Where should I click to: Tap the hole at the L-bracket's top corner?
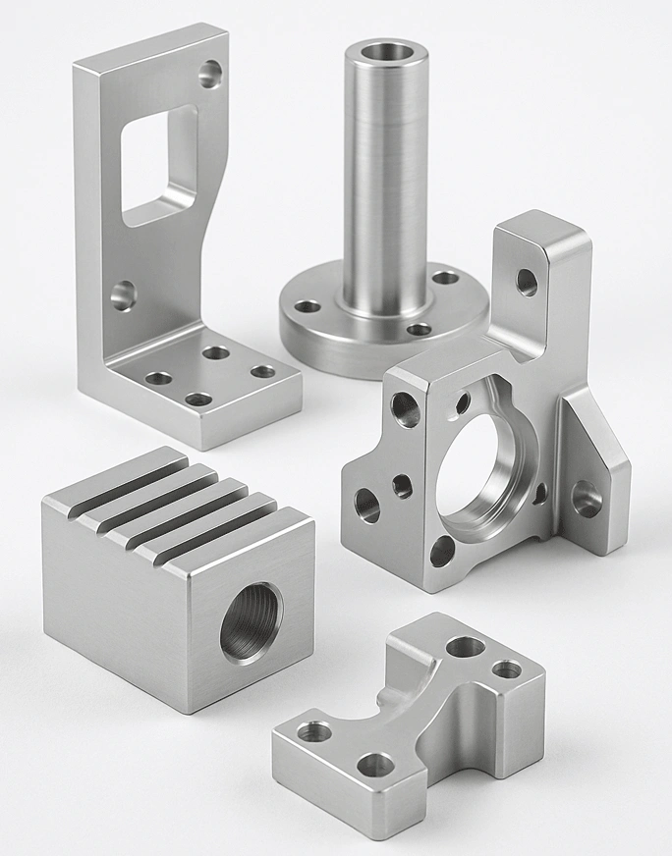pos(210,72)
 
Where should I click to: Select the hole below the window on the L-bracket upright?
pos(123,294)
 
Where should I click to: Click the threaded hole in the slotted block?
pos(251,622)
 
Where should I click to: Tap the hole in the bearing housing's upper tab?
pos(528,283)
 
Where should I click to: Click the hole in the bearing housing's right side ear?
pos(587,499)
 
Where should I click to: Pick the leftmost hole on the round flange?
pos(308,307)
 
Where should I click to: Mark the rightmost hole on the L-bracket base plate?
pos(262,371)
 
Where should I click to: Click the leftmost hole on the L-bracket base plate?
pos(158,378)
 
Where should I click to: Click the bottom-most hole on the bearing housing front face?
pos(442,551)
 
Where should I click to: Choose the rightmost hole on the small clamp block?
pos(507,669)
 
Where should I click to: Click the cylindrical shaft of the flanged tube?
pos(384,177)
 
